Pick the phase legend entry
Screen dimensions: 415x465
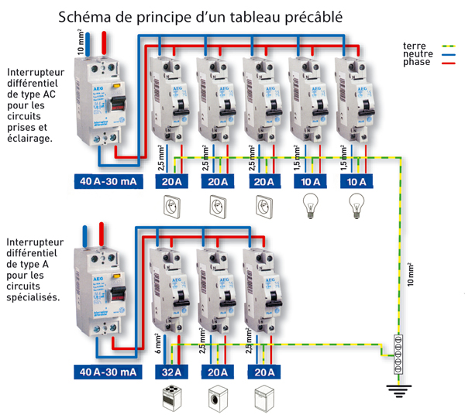tap(416, 63)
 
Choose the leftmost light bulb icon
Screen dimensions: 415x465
tap(310, 207)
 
